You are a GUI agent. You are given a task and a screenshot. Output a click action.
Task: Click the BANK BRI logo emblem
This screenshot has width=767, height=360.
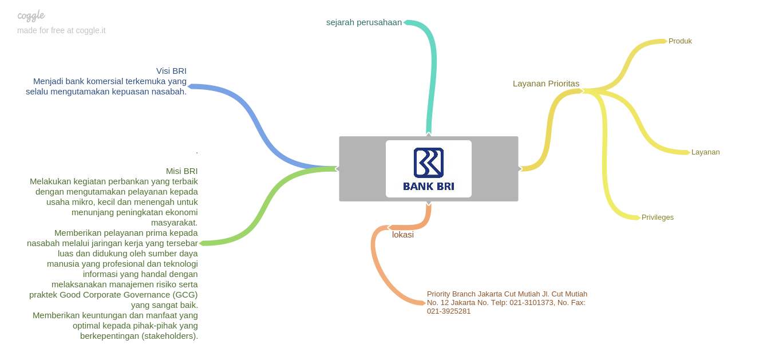[429, 163]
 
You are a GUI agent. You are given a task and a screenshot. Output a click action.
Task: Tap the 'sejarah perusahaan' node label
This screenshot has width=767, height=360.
[364, 22]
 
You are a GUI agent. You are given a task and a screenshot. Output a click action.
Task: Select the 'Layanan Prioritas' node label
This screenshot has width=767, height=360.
[545, 84]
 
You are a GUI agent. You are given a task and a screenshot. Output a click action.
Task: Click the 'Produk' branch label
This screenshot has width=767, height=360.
[680, 41]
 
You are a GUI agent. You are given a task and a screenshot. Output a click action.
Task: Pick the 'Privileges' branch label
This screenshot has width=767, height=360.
[657, 217]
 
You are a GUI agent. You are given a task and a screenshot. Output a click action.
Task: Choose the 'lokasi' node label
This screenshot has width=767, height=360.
[403, 235]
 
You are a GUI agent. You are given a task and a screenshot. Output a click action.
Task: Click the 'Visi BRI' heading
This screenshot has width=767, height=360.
[171, 71]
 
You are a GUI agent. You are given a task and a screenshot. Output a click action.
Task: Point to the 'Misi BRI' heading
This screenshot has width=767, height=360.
[181, 171]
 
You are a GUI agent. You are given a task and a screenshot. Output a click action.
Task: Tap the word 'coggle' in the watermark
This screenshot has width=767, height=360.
[31, 15]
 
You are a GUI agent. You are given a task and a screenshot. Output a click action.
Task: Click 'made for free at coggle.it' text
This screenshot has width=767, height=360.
[61, 30]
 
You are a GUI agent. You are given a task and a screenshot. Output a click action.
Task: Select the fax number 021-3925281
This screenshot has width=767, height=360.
[449, 311]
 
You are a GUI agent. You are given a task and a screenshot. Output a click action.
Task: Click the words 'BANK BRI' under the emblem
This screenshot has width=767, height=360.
[429, 187]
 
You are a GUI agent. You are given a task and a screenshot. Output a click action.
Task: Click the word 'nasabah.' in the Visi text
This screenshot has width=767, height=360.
[171, 92]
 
